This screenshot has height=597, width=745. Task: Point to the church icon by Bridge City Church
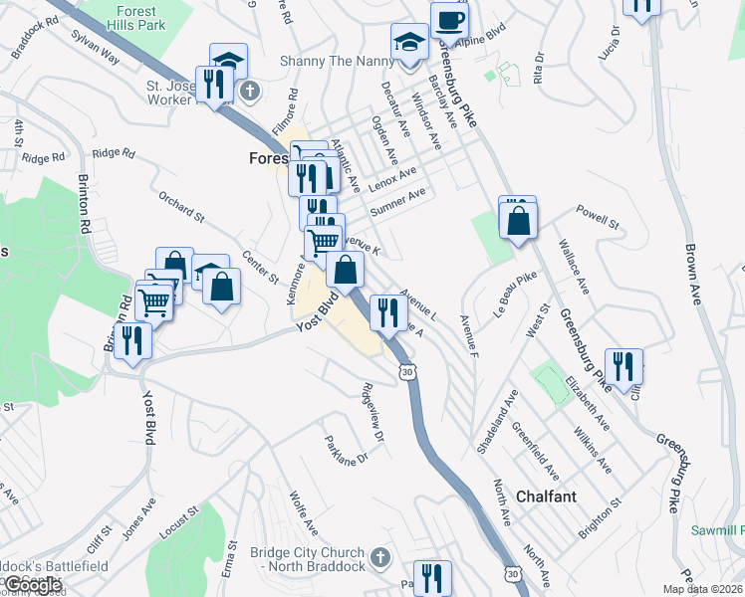pos(378,558)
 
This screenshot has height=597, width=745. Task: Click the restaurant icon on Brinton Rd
pos(130,340)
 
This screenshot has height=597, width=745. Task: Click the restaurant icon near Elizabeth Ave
pos(623,365)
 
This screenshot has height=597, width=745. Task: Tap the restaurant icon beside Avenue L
pos(385,312)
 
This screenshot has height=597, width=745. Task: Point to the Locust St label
pos(181,519)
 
